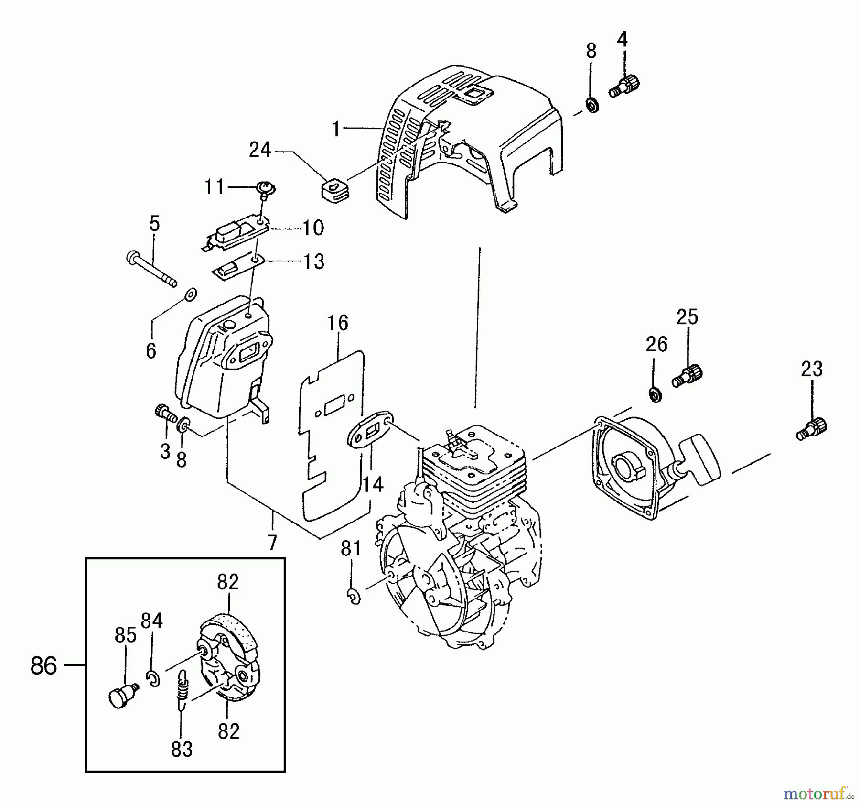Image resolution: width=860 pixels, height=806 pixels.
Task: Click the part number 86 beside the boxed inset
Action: click(x=43, y=665)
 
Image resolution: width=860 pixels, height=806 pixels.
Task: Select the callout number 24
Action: click(x=260, y=150)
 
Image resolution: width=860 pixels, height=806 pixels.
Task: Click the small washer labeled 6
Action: click(x=191, y=294)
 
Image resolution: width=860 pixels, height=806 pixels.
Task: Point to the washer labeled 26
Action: click(x=656, y=395)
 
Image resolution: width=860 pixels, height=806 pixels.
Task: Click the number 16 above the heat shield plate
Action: click(x=338, y=323)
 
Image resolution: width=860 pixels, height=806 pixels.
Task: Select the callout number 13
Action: click(x=314, y=261)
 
